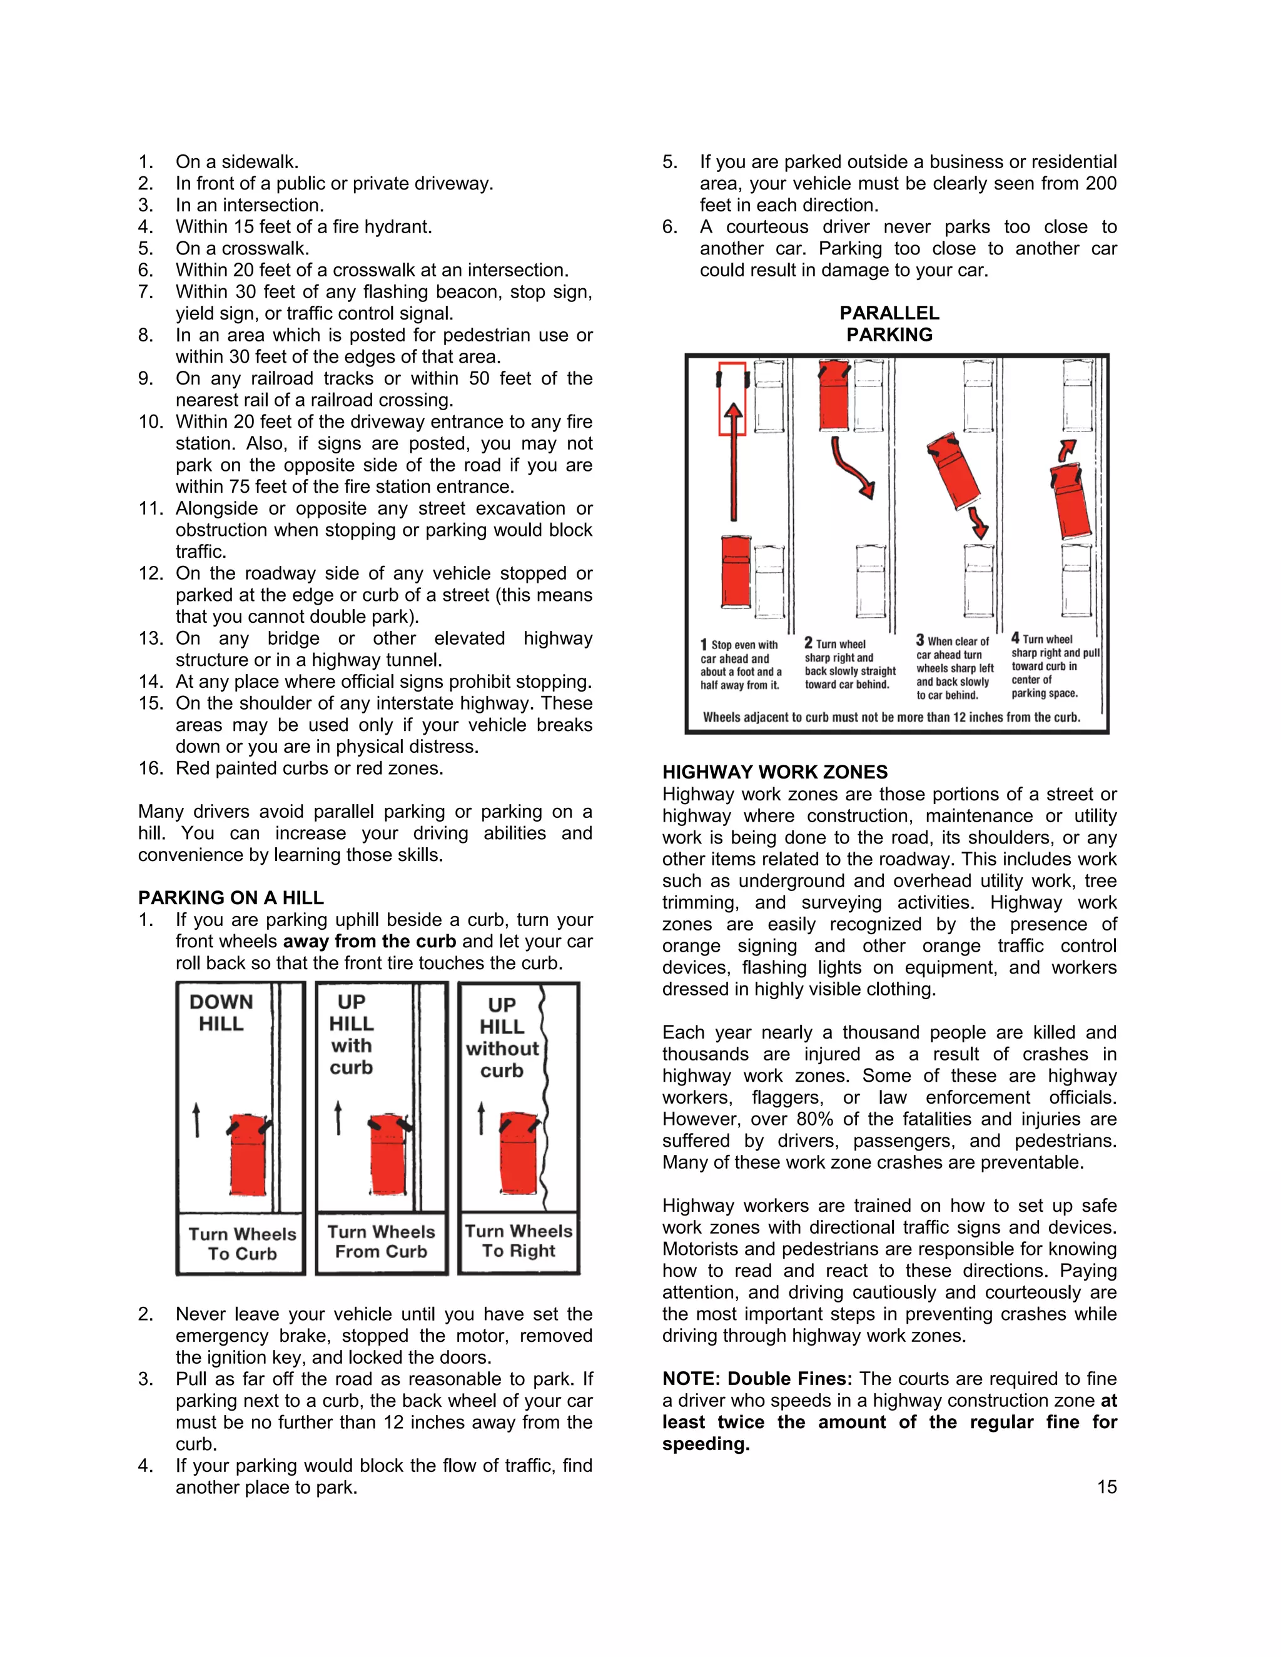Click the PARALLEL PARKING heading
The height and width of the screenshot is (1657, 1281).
(x=889, y=323)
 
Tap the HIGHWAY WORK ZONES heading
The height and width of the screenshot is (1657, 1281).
(x=774, y=772)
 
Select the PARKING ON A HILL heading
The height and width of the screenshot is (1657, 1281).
(x=231, y=897)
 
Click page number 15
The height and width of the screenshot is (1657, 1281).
(x=1106, y=1487)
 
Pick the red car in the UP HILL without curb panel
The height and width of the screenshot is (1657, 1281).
(x=519, y=1153)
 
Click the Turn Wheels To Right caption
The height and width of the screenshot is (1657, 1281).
(x=519, y=1241)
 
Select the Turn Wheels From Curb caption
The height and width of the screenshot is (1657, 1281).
(x=381, y=1242)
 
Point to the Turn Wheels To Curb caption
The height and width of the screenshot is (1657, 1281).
(x=242, y=1244)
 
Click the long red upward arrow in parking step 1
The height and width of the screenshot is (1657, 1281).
(x=733, y=463)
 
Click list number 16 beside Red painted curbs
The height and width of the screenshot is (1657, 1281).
(x=150, y=768)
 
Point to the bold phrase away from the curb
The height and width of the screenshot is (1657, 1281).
(x=369, y=942)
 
